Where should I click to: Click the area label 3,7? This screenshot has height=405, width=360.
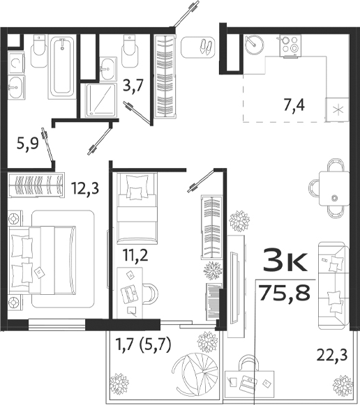point(134,86)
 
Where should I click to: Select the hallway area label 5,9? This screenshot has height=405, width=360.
point(28,145)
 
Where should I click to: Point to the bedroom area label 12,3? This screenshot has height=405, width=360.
point(84,187)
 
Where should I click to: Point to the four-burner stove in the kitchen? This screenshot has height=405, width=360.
point(289,46)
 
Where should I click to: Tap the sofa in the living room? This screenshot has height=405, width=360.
point(333,283)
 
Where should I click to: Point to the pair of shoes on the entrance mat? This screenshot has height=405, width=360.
point(207,47)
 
